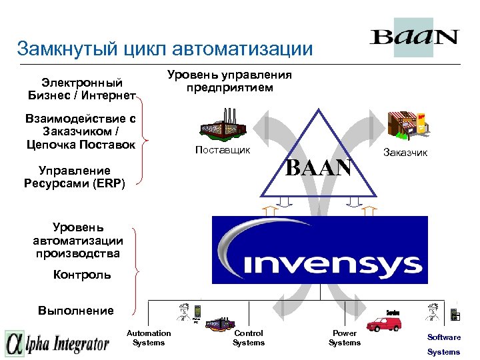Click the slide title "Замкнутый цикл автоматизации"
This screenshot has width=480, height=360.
coord(165,49)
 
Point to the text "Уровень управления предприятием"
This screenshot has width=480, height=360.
coord(229,81)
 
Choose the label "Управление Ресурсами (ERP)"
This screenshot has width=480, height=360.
coord(81,177)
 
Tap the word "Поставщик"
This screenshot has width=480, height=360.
coord(222,150)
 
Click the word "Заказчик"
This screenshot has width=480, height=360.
coord(405,153)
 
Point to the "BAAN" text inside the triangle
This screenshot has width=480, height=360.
coord(318,167)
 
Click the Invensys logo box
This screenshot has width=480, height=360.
coord(319,249)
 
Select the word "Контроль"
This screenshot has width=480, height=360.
coord(82,275)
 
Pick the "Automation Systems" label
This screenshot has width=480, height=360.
coord(149,338)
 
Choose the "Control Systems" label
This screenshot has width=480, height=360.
coord(249,338)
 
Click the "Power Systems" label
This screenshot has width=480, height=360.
coord(345,338)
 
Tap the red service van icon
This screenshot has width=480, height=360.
coord(387,324)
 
